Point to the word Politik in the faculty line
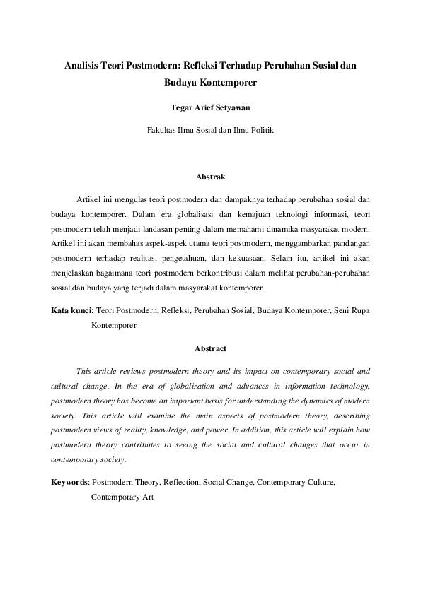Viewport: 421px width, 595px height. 258,131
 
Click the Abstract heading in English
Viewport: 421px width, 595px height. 210,348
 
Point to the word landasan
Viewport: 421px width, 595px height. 163,229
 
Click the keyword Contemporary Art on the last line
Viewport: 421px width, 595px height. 122,497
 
